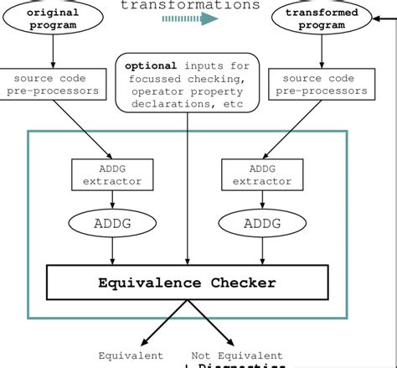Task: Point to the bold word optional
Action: click(151, 65)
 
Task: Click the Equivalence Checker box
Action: click(185, 282)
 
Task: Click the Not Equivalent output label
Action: click(237, 355)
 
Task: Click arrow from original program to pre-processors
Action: click(52, 52)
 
